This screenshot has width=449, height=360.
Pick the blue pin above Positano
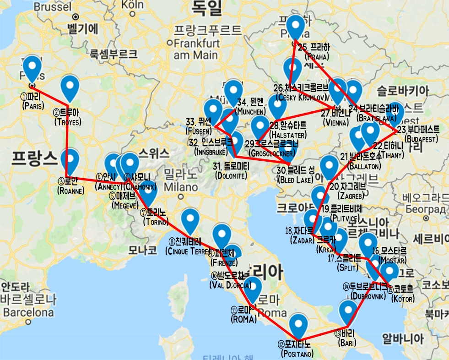tap(299, 326)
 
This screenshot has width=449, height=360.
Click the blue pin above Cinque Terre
tap(190, 220)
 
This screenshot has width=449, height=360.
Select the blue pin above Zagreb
tap(329, 167)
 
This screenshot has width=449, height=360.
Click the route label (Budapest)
tap(421, 139)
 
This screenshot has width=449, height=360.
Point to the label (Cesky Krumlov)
tap(301, 97)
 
